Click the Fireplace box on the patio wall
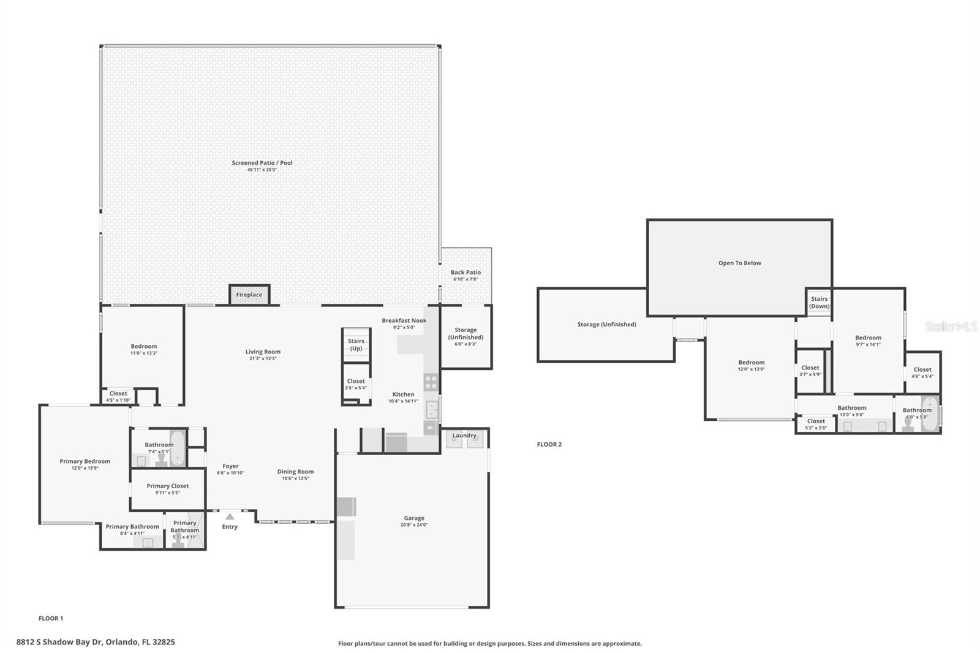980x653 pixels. tap(249, 295)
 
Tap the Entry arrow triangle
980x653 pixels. tap(230, 517)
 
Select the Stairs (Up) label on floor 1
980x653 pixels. tap(356, 345)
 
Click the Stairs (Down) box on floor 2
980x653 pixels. tap(819, 303)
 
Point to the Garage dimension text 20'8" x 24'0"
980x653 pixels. tap(414, 525)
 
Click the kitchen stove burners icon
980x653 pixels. tap(431, 383)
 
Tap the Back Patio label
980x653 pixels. tap(466, 273)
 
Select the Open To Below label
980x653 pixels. tap(739, 263)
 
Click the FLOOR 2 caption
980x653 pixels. tap(549, 445)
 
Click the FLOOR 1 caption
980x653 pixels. tap(51, 619)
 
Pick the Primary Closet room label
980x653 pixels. tap(168, 486)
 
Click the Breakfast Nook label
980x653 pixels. tap(404, 320)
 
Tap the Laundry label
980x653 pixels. tap(464, 436)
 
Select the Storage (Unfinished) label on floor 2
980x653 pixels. tap(606, 325)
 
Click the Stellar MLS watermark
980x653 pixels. tap(951, 327)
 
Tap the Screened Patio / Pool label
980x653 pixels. tap(262, 163)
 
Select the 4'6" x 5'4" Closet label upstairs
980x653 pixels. tap(922, 370)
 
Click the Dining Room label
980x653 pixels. tap(295, 472)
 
